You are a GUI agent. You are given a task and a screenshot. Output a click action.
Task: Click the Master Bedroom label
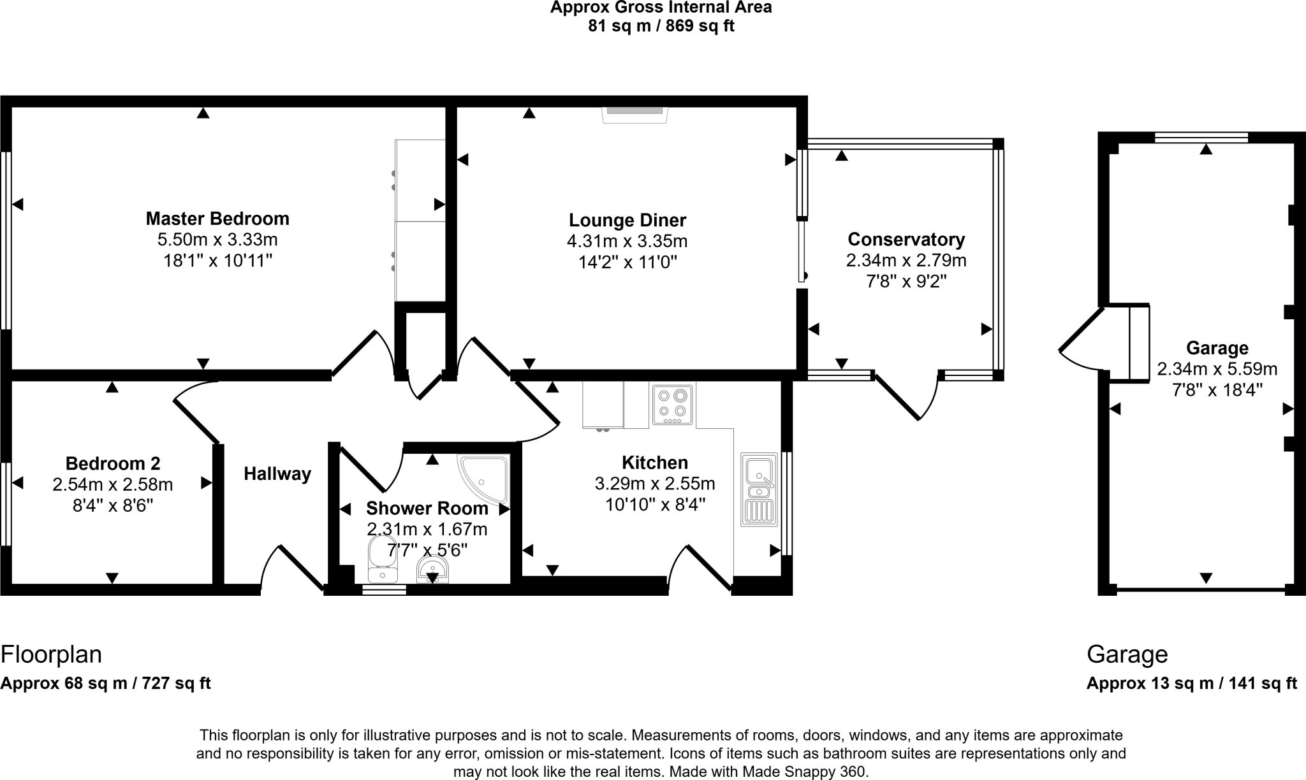(x=217, y=219)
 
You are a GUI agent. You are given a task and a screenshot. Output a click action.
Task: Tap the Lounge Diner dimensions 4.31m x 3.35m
(x=627, y=242)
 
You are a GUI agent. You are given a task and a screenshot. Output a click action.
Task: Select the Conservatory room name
(x=906, y=240)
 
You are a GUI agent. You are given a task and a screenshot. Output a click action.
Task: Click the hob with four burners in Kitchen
(x=673, y=404)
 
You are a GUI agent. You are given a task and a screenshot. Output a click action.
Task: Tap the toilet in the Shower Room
(x=382, y=560)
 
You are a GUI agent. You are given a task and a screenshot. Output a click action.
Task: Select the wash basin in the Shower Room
(x=432, y=569)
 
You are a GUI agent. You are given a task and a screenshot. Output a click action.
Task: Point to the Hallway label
(x=277, y=473)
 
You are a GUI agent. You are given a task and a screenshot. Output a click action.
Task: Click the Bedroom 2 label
(x=113, y=463)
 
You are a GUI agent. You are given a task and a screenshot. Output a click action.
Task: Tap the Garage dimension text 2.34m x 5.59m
(x=1217, y=369)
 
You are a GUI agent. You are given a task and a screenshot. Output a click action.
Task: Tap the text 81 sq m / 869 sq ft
(x=661, y=26)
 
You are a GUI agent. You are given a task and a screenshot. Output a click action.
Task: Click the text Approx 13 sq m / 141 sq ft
(x=1191, y=683)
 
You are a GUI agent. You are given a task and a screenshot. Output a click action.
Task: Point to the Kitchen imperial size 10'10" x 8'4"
(x=654, y=505)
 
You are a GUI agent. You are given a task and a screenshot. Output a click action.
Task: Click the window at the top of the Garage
(x=1201, y=137)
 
